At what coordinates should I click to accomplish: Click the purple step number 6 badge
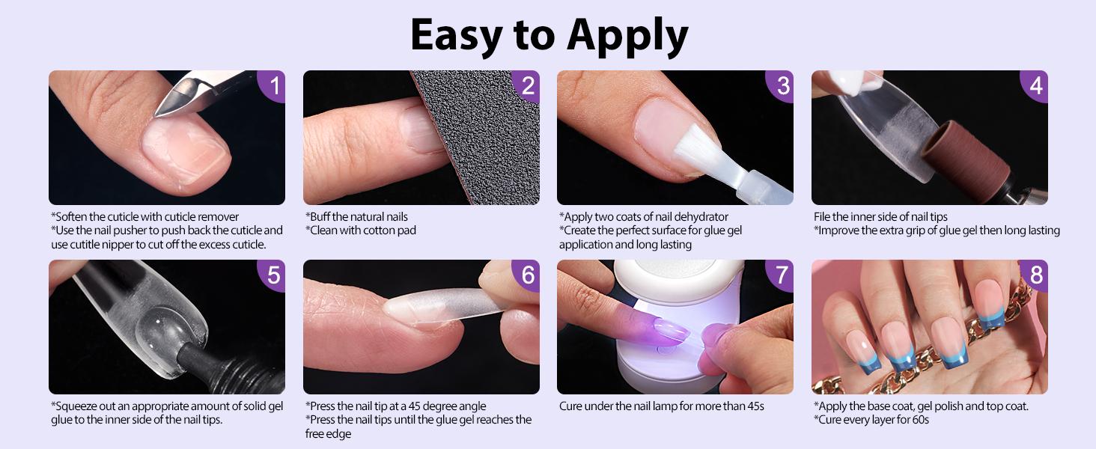(x=528, y=275)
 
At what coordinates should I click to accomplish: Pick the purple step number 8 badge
(x=1036, y=275)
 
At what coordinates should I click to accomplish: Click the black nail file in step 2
(x=479, y=142)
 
